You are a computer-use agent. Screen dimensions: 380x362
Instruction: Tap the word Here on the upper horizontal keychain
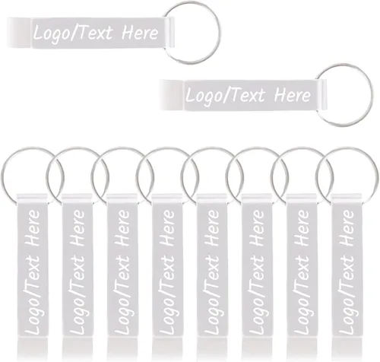tap(140, 33)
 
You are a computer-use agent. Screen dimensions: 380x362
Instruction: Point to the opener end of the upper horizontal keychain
tap(19, 33)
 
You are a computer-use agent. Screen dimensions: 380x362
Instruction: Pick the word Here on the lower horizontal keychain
tap(293, 95)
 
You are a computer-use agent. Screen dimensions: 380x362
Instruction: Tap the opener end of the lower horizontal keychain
tap(172, 95)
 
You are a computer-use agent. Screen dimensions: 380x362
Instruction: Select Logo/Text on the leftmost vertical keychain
tap(33, 295)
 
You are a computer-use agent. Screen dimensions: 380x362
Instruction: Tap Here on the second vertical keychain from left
tap(78, 228)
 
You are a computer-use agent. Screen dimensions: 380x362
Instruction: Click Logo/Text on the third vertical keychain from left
tap(122, 295)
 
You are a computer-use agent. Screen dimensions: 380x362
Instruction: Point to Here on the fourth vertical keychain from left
tap(168, 228)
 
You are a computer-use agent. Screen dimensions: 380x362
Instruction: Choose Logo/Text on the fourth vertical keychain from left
tap(168, 295)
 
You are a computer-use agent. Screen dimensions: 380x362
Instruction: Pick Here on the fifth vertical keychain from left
tap(212, 228)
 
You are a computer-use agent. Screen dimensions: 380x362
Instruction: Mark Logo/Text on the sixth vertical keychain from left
tap(258, 295)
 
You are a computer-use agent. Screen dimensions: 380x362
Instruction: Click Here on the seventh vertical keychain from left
tap(302, 228)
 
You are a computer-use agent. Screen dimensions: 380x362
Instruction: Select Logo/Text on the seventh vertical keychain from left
tap(302, 295)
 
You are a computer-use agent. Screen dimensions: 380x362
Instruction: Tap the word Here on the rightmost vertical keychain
tap(347, 228)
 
